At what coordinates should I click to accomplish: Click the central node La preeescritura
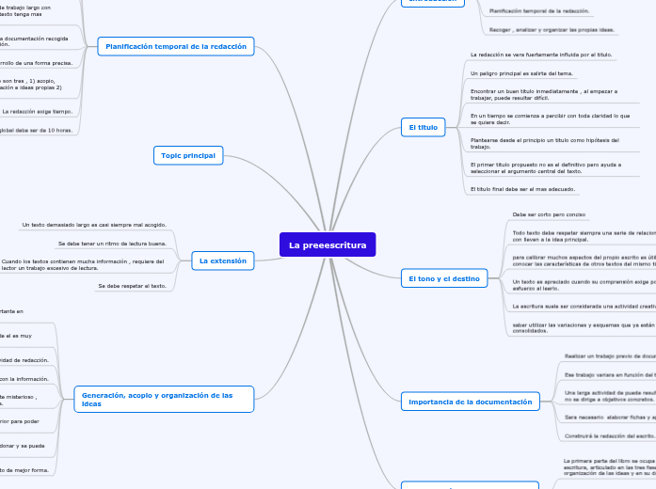[328, 244]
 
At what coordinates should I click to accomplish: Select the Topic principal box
[187, 155]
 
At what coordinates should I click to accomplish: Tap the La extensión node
[222, 260]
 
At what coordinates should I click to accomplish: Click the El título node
[423, 126]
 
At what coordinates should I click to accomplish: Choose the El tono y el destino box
[444, 278]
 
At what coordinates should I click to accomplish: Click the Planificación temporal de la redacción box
[176, 46]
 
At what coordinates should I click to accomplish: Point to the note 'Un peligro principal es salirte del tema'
[520, 72]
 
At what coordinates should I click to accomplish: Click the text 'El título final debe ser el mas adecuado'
[522, 189]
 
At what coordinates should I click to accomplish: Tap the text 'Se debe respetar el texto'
[132, 285]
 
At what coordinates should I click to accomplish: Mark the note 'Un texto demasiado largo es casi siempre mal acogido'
[94, 225]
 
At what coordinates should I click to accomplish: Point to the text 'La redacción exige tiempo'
[37, 111]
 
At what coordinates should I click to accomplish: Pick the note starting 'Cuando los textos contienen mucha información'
[83, 264]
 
